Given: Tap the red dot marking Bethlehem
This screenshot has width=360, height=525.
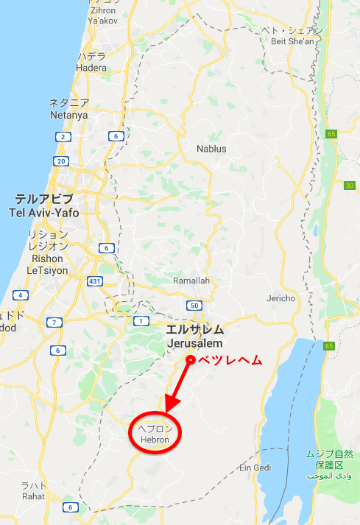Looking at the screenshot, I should [190, 359].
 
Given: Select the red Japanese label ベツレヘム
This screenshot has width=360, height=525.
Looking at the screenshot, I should [231, 359].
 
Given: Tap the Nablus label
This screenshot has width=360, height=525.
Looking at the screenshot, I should [211, 149].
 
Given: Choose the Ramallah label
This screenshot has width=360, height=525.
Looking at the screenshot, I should [191, 281].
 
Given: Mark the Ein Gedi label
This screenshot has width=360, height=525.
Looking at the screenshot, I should [255, 468].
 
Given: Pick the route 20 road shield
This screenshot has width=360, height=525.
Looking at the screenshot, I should [61, 161].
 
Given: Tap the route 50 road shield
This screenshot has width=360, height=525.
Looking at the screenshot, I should [194, 305].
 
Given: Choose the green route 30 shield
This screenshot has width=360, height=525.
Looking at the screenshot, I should [350, 186].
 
